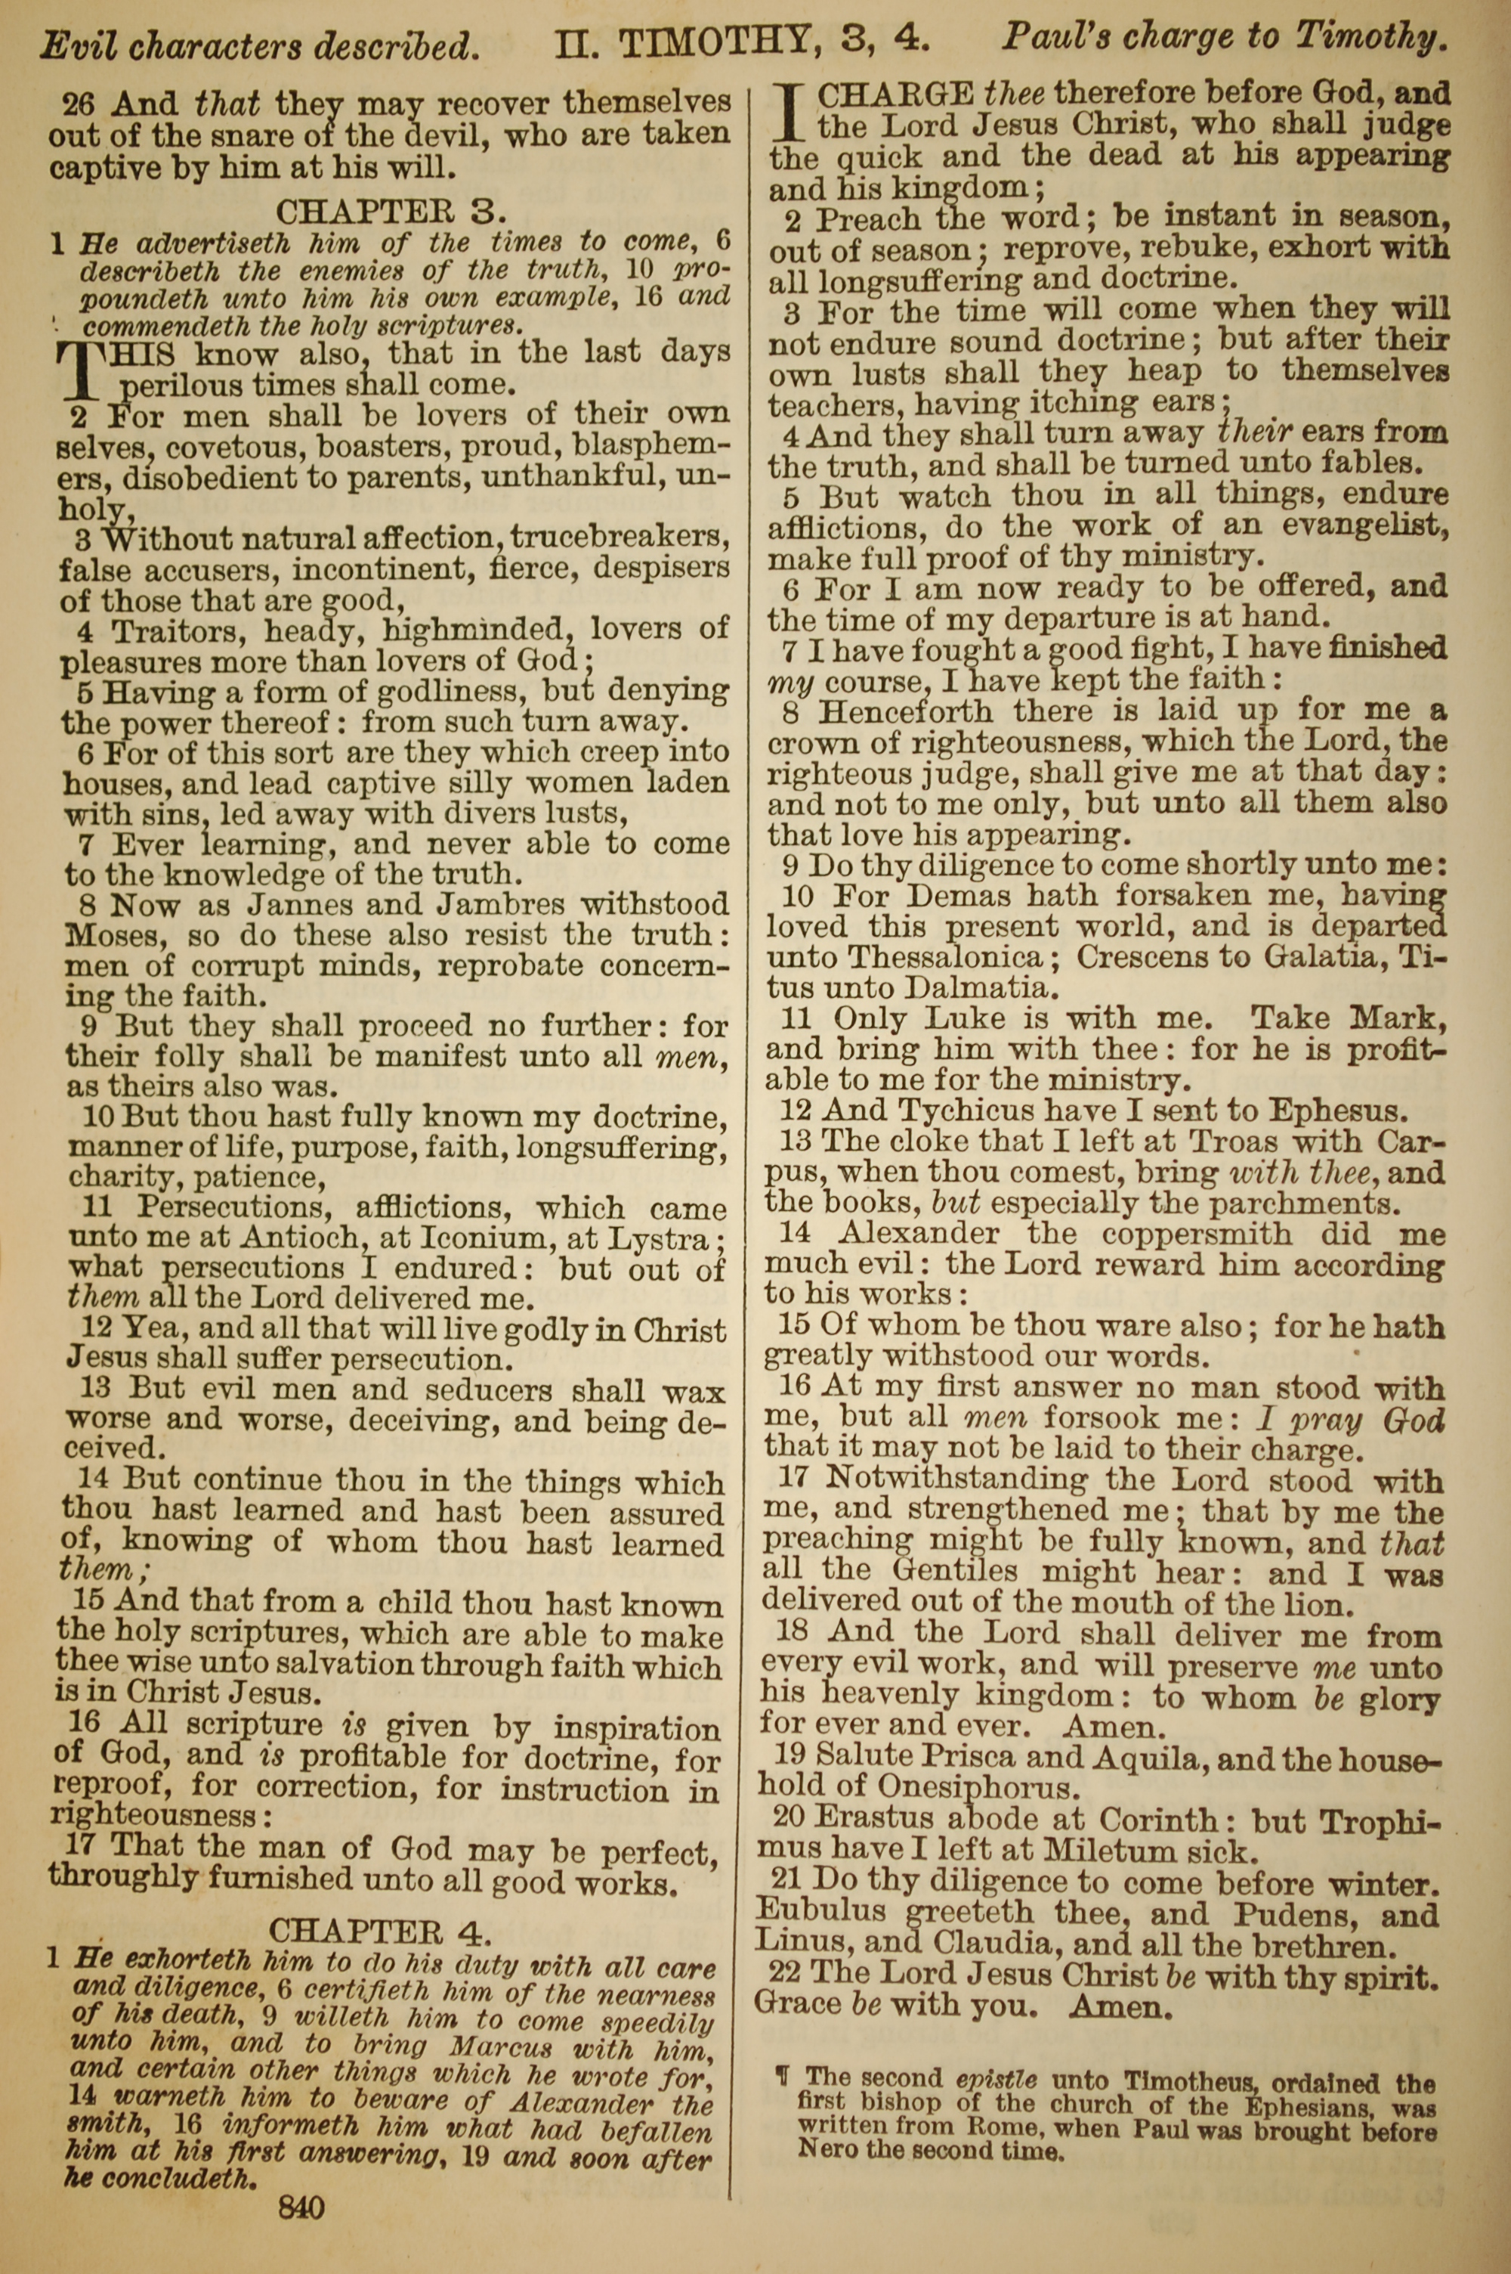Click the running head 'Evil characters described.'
pyautogui.click(x=258, y=45)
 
